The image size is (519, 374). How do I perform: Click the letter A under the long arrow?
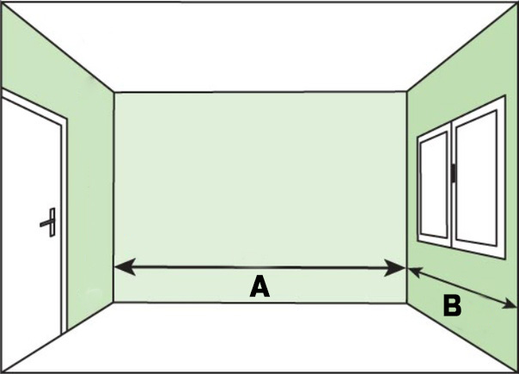[x=259, y=287]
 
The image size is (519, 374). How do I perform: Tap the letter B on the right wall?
[x=452, y=305]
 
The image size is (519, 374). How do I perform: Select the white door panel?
[x=30, y=232]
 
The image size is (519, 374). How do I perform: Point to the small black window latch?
[x=452, y=174]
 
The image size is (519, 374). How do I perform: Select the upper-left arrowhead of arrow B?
[x=413, y=273]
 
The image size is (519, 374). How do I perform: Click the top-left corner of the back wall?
[x=114, y=92]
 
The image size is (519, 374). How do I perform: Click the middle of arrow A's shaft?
[x=259, y=268]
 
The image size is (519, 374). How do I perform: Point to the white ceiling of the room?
[x=258, y=43]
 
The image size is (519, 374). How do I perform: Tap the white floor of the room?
[x=258, y=340]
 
